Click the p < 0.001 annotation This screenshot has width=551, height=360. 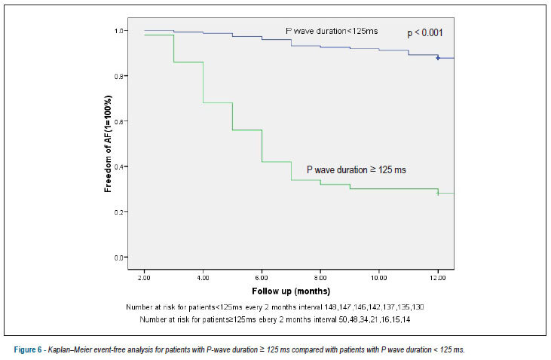pyautogui.click(x=425, y=33)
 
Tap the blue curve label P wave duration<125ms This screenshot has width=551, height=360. pyautogui.click(x=332, y=31)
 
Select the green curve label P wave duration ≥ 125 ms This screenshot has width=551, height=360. pyautogui.click(x=357, y=170)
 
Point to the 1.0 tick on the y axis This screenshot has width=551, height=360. pyautogui.click(x=119, y=31)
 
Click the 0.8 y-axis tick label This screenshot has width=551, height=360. pyautogui.click(x=119, y=76)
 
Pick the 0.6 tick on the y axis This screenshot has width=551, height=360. pyautogui.click(x=119, y=121)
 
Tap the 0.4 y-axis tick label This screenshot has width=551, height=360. pyautogui.click(x=119, y=166)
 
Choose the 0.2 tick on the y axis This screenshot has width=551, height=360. pyautogui.click(x=119, y=212)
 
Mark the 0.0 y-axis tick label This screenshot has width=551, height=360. pyautogui.click(x=119, y=258)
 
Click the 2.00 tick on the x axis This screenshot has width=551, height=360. pyautogui.click(x=144, y=278)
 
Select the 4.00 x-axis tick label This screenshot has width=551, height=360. pyautogui.click(x=203, y=278)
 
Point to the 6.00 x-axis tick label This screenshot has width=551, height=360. pyautogui.click(x=262, y=278)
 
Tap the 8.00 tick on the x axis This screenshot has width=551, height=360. pyautogui.click(x=320, y=278)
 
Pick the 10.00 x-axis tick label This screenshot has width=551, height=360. pyautogui.click(x=379, y=278)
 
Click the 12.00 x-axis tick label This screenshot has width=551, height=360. pyautogui.click(x=438, y=278)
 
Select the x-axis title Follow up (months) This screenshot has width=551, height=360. pyautogui.click(x=291, y=291)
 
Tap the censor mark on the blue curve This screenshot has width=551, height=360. pyautogui.click(x=438, y=57)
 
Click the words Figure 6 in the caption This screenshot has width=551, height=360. pyautogui.click(x=28, y=349)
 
